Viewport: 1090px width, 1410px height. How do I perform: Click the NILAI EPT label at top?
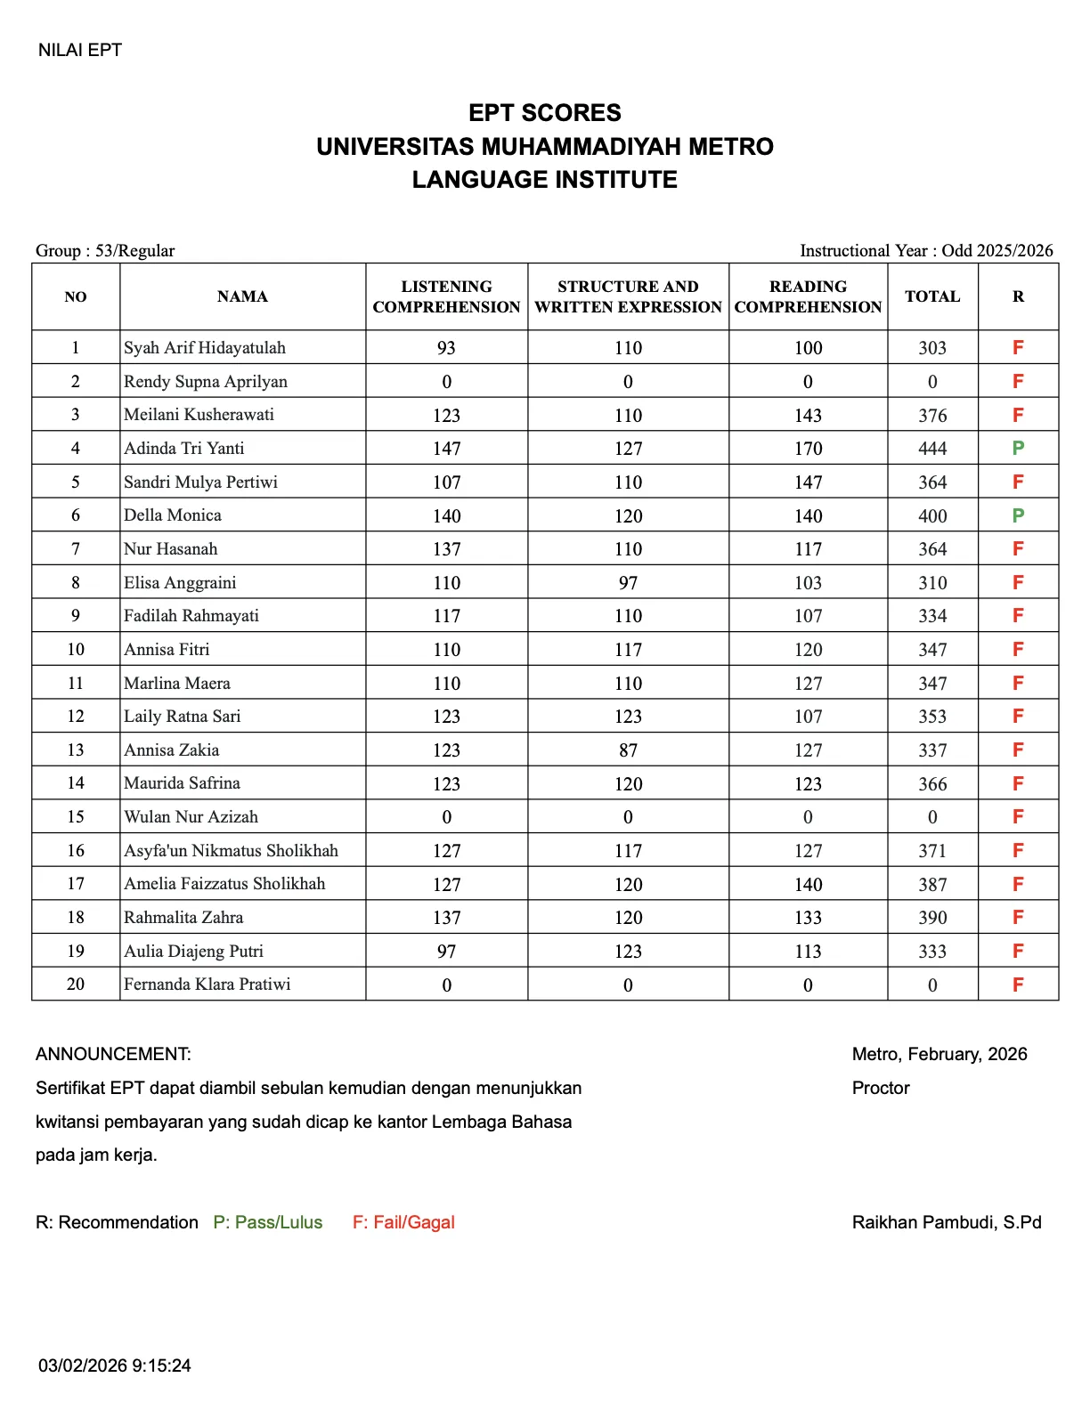[79, 50]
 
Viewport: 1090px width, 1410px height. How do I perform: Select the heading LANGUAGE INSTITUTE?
[544, 180]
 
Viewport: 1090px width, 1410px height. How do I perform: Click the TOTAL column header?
[932, 296]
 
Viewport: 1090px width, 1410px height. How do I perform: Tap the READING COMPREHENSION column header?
[808, 296]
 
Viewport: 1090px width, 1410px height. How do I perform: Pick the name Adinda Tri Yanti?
[183, 448]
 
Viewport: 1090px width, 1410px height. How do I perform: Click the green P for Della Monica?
[1018, 515]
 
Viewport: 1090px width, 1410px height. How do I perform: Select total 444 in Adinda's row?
[932, 449]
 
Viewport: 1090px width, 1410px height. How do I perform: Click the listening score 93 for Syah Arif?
[446, 348]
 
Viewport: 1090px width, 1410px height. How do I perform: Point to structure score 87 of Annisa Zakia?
[628, 750]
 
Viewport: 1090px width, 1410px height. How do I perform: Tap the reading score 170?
[808, 449]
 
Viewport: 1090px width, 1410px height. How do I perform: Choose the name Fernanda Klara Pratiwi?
[207, 985]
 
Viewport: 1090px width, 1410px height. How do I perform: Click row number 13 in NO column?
[76, 750]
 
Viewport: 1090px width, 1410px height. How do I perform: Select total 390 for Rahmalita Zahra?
[932, 918]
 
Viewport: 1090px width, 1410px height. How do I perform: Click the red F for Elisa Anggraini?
[1018, 582]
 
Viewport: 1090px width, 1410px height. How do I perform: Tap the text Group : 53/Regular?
[105, 250]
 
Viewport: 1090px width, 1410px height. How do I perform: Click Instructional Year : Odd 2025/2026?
[926, 250]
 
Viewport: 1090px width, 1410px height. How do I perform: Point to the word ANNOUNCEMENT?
[113, 1054]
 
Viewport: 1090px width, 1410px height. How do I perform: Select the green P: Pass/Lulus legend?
[267, 1222]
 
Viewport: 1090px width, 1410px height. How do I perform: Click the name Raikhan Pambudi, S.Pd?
[946, 1222]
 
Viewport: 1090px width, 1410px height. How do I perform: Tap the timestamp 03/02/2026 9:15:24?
[114, 1365]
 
